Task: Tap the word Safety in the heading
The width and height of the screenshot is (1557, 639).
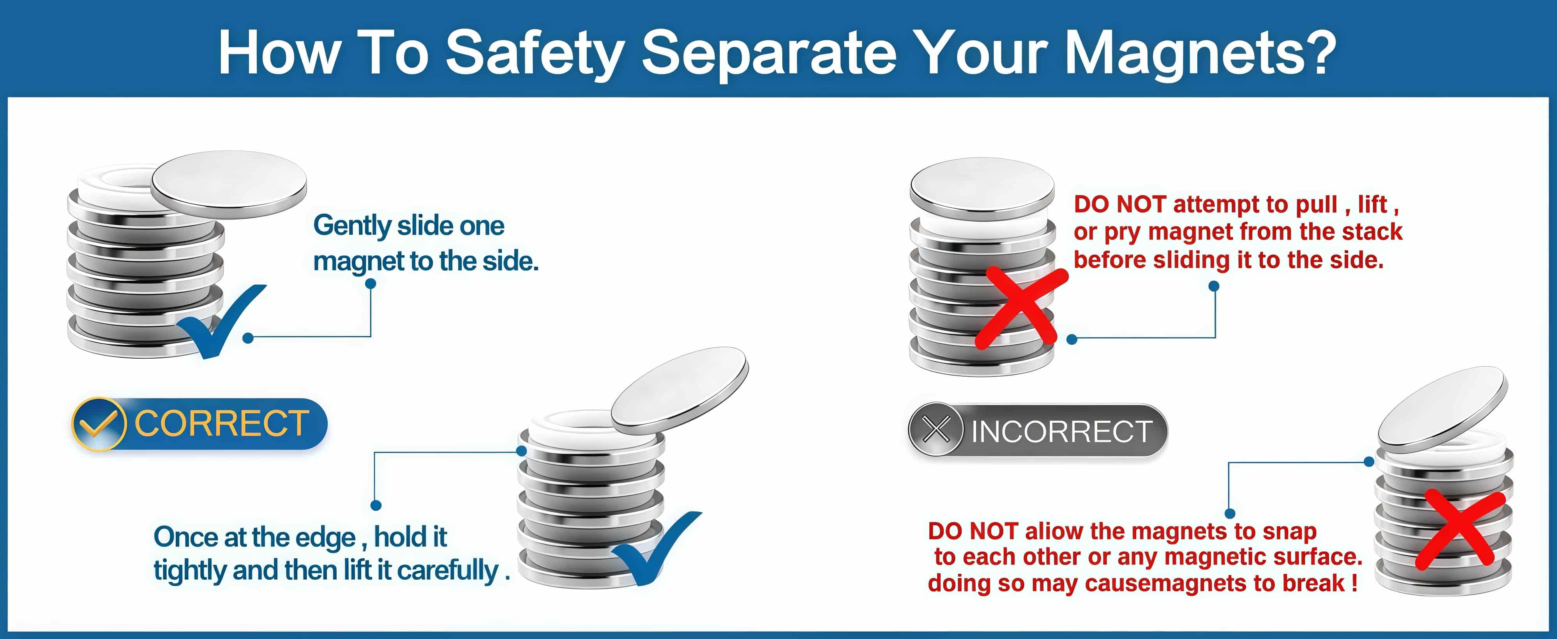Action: click(x=535, y=53)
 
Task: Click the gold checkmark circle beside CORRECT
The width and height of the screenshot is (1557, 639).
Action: click(x=99, y=424)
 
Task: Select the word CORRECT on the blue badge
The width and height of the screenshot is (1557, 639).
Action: click(x=221, y=423)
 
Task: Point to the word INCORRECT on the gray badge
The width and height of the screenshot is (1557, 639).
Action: click(x=1061, y=431)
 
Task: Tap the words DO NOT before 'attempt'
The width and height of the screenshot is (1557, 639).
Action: click(x=1119, y=204)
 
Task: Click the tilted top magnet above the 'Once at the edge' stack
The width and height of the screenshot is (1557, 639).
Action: click(x=680, y=391)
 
